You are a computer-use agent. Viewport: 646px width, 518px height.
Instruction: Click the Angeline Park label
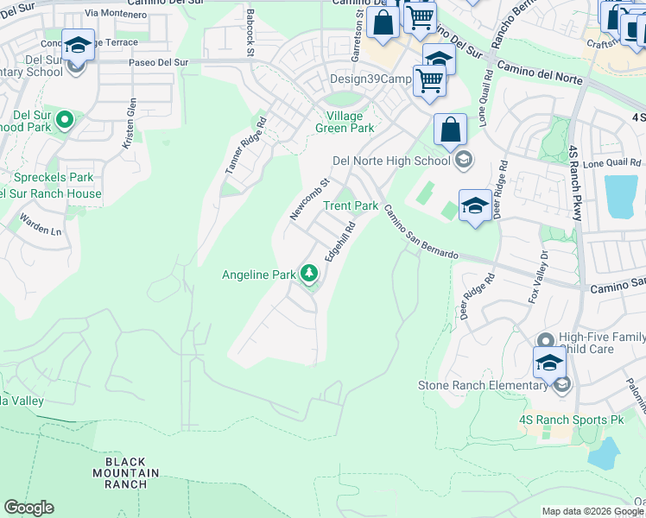coord(259,275)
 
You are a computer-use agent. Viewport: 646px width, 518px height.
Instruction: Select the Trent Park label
coord(351,206)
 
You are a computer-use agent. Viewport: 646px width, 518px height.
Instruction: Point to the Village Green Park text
coord(345,123)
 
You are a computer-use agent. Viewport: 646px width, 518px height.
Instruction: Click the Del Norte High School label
coord(391,161)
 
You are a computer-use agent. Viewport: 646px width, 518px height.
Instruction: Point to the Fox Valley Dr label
coord(538,276)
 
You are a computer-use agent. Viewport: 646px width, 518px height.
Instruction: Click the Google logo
coord(28,508)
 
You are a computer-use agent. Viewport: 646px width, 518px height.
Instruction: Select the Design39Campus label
coord(370,79)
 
